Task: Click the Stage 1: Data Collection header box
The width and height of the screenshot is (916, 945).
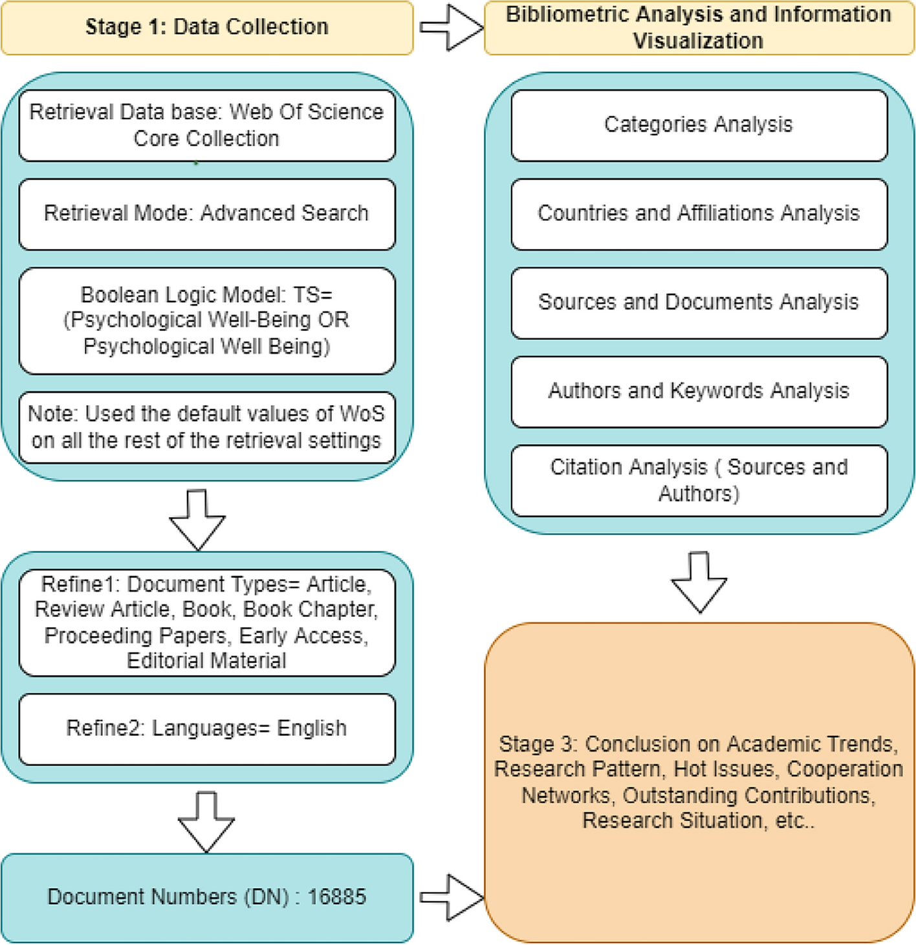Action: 207,27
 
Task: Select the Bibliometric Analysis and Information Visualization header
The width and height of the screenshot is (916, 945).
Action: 699,27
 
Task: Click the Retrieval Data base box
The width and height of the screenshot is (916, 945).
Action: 207,125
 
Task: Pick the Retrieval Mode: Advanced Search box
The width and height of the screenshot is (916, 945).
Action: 207,214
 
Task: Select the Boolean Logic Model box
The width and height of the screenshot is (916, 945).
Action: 207,320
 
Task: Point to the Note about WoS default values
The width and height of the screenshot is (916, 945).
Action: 207,427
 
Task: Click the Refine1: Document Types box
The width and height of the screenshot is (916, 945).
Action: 207,622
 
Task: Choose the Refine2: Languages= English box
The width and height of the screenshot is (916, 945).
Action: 207,729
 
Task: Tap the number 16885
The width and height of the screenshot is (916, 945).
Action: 336,897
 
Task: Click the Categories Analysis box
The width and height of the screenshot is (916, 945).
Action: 699,125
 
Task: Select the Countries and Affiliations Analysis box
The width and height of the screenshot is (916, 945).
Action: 699,214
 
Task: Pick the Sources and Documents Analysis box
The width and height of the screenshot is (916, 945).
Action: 699,302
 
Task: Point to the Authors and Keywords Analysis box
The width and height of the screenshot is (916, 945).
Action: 699,391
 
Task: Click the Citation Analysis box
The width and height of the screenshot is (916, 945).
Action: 699,480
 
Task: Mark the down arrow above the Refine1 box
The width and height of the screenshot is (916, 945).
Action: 197,520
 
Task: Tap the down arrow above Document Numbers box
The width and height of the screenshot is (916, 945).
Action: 206,821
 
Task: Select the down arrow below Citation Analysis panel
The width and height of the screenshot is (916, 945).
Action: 699,582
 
